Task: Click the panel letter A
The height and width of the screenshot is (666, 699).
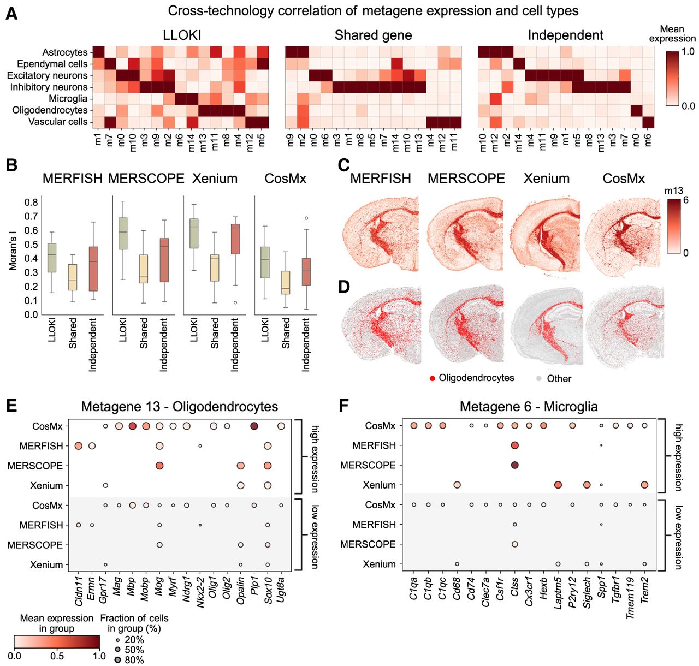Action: pos(11,13)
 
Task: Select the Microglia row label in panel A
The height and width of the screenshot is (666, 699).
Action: pos(68,99)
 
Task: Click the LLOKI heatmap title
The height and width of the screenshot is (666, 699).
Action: pos(182,35)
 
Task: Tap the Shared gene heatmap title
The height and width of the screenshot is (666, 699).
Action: pos(373,35)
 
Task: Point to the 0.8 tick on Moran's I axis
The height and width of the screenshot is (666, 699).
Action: pos(31,203)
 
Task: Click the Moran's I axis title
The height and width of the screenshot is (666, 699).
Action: pos(13,251)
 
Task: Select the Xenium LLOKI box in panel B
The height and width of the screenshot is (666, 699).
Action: pos(194,234)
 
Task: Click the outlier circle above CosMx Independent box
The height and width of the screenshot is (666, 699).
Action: pos(306,218)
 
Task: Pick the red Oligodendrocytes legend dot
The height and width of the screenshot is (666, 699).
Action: pos(432,378)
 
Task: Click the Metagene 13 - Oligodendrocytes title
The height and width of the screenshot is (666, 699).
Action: pos(179,407)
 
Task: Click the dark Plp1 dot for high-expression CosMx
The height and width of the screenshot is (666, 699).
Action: pos(254,426)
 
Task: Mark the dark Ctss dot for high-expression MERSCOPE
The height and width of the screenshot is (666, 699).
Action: pos(515,465)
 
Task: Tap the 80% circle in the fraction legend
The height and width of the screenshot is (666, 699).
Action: pos(118,659)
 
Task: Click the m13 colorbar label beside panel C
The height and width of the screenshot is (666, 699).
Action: pos(674,191)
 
